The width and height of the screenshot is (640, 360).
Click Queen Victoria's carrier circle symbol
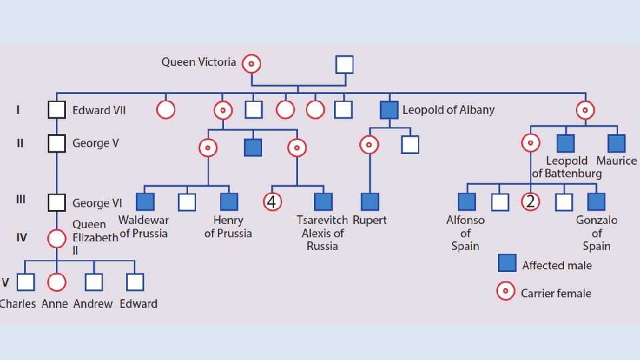[x=251, y=63]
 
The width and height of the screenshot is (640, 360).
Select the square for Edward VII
[x=57, y=110]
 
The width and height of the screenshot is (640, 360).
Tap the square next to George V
[x=57, y=143]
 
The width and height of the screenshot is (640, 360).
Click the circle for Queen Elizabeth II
[x=57, y=238]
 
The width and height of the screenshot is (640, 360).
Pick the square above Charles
[x=25, y=283]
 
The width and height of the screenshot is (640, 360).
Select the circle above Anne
[x=57, y=283]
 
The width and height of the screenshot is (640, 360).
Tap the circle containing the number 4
[x=271, y=201]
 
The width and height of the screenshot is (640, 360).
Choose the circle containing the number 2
[x=530, y=201]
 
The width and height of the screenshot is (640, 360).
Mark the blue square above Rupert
[x=369, y=201]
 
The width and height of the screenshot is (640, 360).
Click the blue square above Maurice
[x=616, y=143]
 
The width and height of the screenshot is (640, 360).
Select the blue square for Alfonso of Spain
[x=467, y=201]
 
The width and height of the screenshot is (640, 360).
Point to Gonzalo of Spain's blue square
[x=596, y=201]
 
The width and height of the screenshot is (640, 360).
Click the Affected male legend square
[x=507, y=264]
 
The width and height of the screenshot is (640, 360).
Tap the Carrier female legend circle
[x=507, y=291]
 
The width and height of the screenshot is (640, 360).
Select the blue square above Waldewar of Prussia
[x=145, y=201]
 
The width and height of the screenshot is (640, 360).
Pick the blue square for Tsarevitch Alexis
[x=323, y=201]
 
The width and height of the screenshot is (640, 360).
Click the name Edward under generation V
[x=138, y=303]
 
